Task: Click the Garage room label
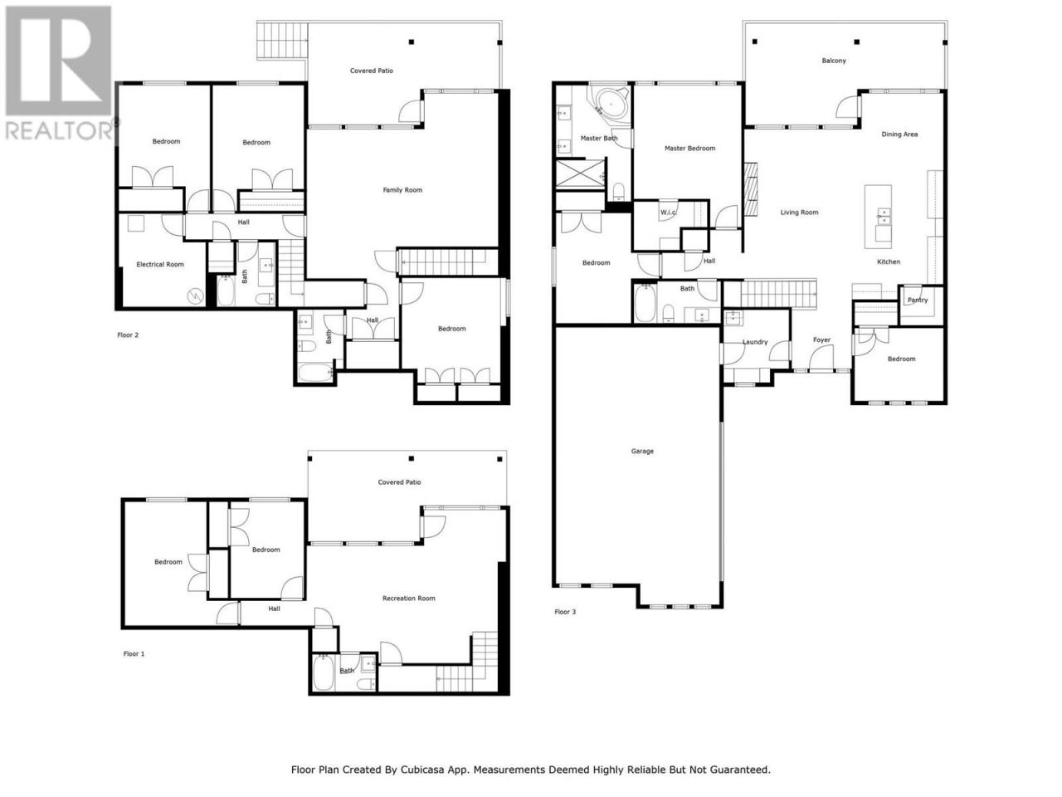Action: point(642,451)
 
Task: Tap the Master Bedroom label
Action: point(689,149)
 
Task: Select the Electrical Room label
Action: point(160,264)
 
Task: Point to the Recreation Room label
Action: point(409,598)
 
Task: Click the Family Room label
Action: point(402,190)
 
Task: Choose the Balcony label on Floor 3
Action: point(834,61)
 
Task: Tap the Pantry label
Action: point(918,300)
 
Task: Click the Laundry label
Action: point(755,342)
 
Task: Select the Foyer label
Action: point(821,340)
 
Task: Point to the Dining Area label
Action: point(899,134)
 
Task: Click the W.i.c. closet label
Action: point(668,213)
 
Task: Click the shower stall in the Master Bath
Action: point(580,174)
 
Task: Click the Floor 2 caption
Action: point(128,335)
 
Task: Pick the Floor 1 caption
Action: point(134,653)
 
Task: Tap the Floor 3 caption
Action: point(565,612)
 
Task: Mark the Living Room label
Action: point(799,213)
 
